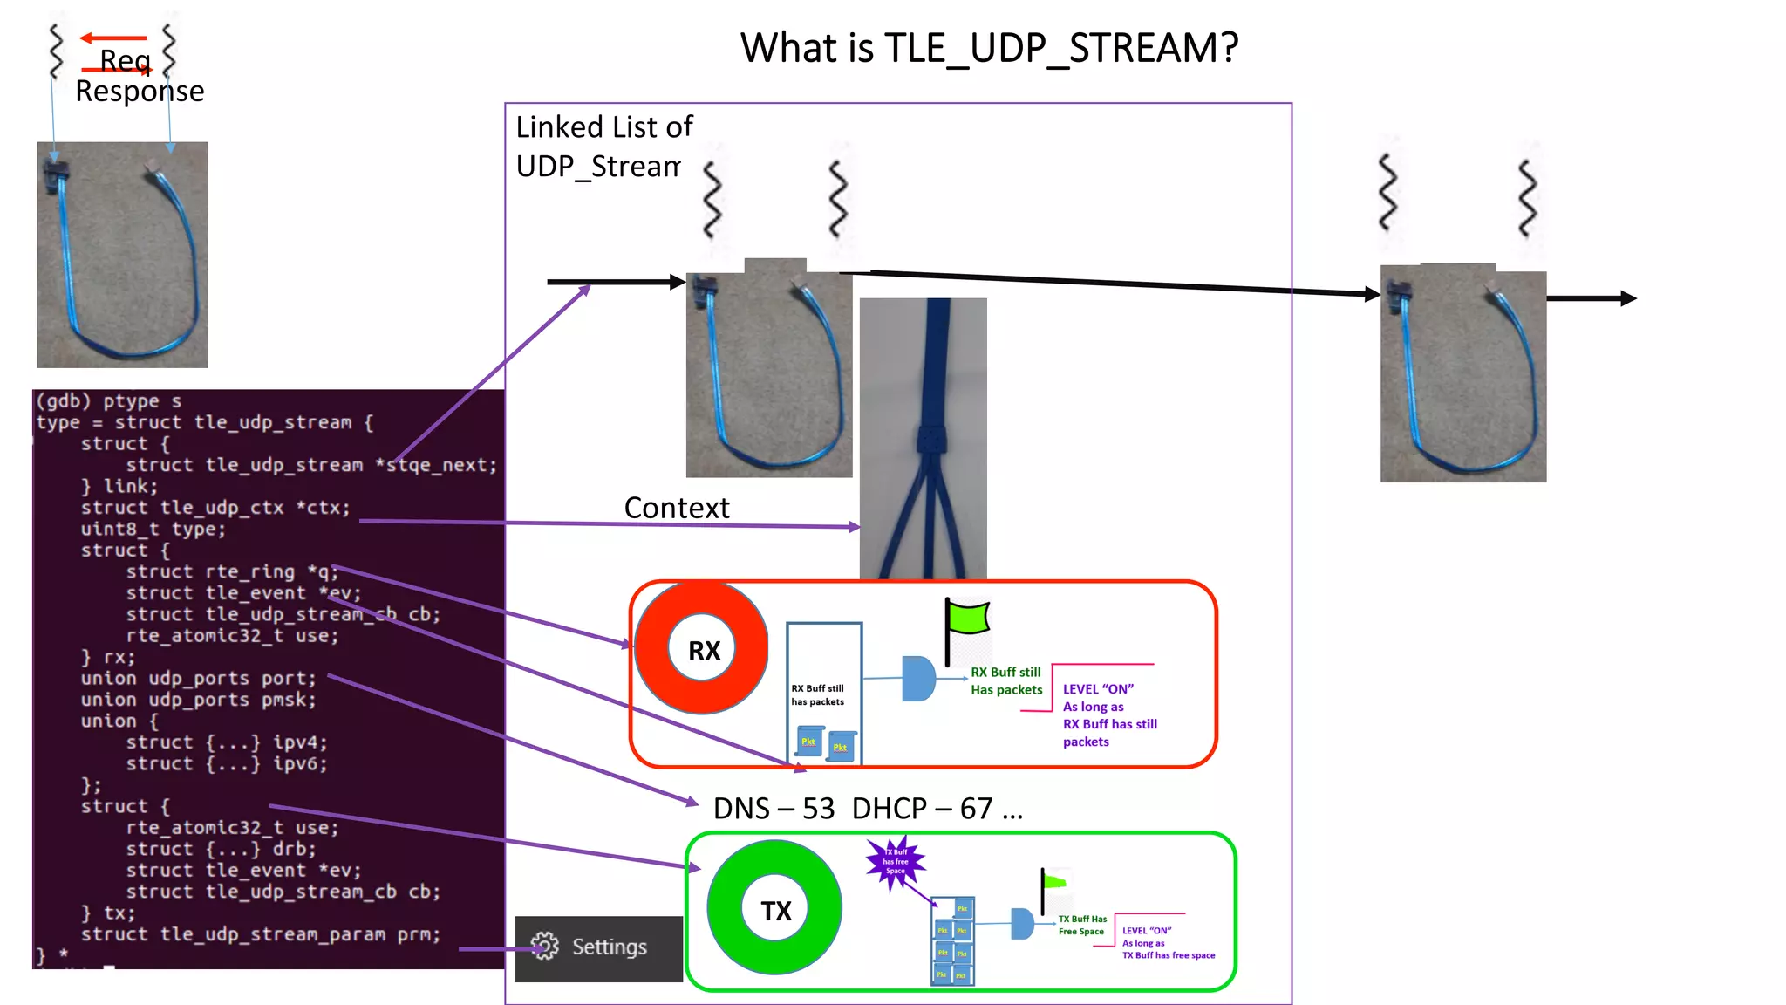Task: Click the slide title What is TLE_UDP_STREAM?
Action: [x=989, y=48]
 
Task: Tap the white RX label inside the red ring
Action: [x=703, y=650]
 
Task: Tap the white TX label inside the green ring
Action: [x=775, y=911]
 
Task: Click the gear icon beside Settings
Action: [x=545, y=947]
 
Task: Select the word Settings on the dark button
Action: [x=609, y=947]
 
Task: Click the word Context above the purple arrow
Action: [x=677, y=508]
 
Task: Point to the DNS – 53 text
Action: [x=774, y=809]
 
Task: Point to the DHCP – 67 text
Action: [x=922, y=809]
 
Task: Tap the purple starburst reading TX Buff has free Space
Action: [x=895, y=862]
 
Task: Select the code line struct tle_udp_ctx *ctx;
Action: [x=215, y=508]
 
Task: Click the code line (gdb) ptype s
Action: [x=109, y=401]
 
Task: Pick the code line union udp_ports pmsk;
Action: [x=198, y=700]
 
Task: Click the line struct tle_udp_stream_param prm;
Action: [x=260, y=934]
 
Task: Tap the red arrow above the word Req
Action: [x=113, y=38]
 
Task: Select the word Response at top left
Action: [x=140, y=92]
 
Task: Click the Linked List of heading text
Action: [x=603, y=127]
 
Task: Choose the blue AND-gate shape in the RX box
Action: [x=917, y=679]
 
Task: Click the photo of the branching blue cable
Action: [x=923, y=436]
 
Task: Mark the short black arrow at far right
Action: [x=1592, y=298]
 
